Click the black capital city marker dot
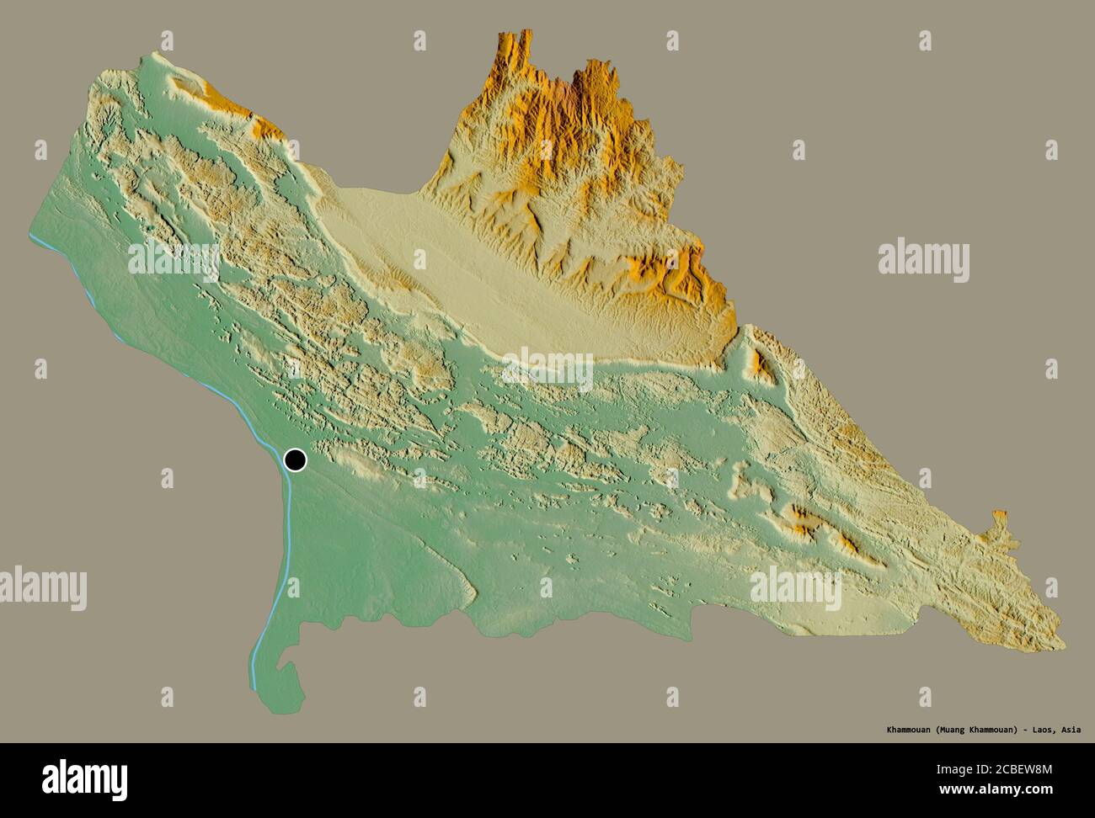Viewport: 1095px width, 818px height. (296, 459)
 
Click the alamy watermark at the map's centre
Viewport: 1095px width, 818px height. (547, 370)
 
